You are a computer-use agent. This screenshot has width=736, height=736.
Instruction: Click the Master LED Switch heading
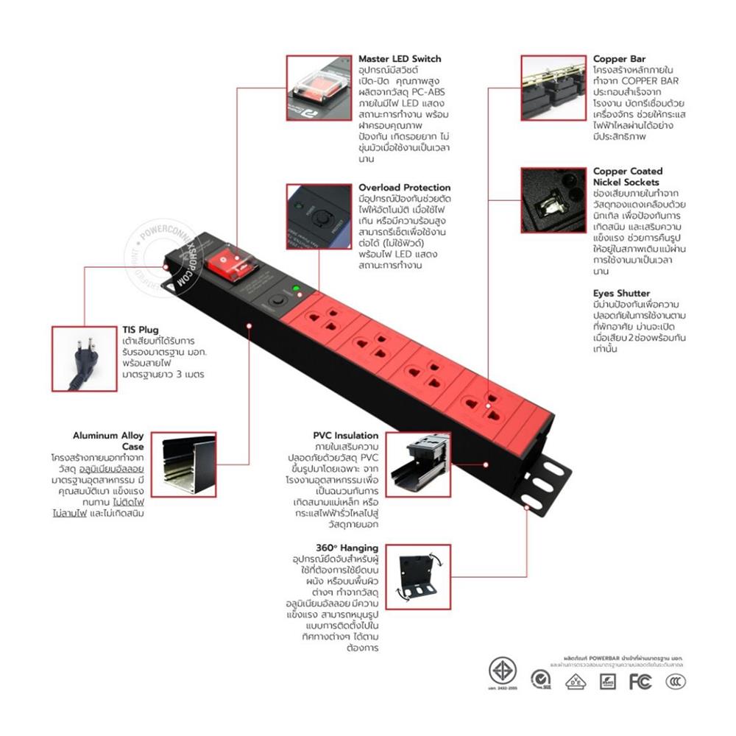pyautogui.click(x=400, y=59)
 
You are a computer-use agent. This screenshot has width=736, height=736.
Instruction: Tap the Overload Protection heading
pyautogui.click(x=404, y=188)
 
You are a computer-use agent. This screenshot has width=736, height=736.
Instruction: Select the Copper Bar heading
pyautogui.click(x=620, y=59)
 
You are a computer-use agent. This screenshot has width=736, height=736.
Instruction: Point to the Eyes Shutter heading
pyautogui.click(x=621, y=293)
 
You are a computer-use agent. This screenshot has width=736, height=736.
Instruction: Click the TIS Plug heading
pyautogui.click(x=140, y=330)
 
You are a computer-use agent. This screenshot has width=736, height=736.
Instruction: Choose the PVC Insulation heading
pyautogui.click(x=345, y=436)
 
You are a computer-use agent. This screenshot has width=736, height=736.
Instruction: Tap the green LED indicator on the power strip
pyautogui.click(x=295, y=289)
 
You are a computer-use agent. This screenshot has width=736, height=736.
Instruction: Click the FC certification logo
pyautogui.click(x=640, y=682)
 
